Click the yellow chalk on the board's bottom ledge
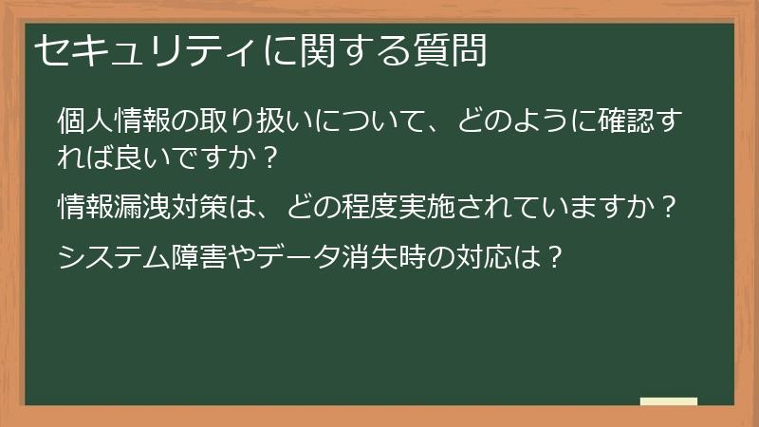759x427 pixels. coord(669,401)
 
